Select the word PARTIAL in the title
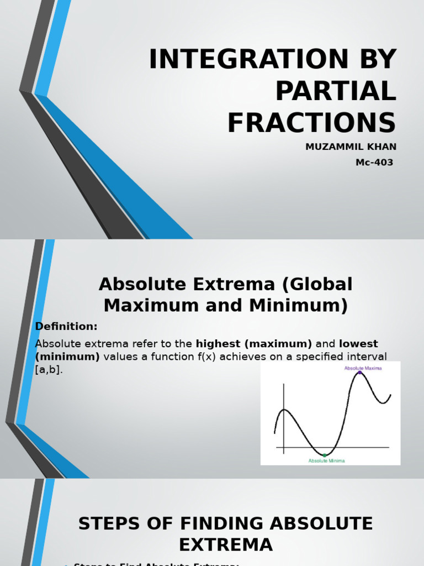tap(336, 91)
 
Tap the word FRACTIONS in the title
tap(311, 122)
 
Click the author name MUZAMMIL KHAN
tap(351, 146)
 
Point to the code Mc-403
tap(374, 163)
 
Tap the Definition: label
tap(66, 326)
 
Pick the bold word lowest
tap(358, 344)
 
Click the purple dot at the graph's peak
tap(359, 373)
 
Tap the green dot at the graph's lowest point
tap(325, 455)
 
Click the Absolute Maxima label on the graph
tap(363, 368)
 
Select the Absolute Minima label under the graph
tap(326, 460)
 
